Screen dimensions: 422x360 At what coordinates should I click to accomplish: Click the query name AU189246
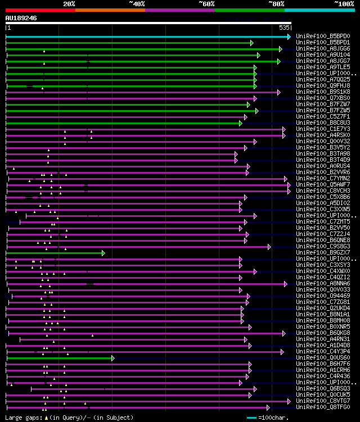click(21, 18)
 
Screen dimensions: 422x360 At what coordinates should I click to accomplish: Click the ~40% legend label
click(137, 3)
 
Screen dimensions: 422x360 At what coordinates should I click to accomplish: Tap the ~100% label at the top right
click(344, 3)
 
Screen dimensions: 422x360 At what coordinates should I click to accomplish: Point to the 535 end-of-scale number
click(284, 27)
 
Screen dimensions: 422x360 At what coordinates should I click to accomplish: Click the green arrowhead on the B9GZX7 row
click(103, 253)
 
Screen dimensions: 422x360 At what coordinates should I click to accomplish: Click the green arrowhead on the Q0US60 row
click(113, 357)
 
